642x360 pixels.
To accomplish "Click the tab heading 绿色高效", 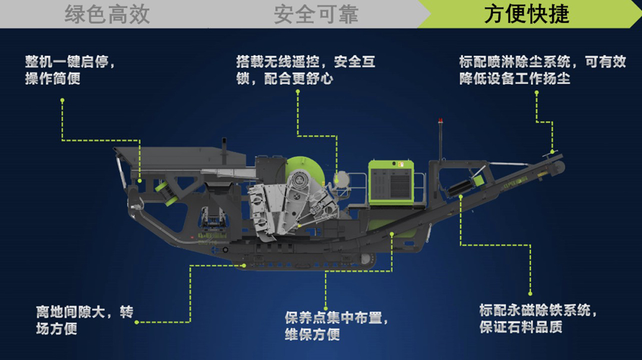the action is pyautogui.click(x=107, y=14).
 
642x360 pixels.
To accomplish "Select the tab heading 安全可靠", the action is pyautogui.click(x=316, y=14).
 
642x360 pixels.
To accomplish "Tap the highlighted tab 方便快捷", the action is pyautogui.click(x=527, y=14).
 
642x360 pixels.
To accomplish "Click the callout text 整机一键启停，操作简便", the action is pyautogui.click(x=70, y=70).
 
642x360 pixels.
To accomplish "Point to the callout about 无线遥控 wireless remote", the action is pyautogui.click(x=306, y=70).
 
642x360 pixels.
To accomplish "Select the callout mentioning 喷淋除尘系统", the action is pyautogui.click(x=543, y=70).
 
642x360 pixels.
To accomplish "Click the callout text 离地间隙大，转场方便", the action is pyautogui.click(x=85, y=320).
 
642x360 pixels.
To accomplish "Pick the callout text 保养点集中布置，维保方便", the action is pyautogui.click(x=336, y=326).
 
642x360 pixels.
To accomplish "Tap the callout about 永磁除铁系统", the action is pyautogui.click(x=538, y=318).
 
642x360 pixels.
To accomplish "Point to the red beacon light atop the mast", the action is pyautogui.click(x=440, y=121).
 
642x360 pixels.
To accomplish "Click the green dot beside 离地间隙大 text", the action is pyautogui.click(x=137, y=323).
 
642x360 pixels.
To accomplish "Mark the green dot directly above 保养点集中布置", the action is pyautogui.click(x=326, y=308).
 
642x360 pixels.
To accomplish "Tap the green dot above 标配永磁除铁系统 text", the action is pyautogui.click(x=530, y=293).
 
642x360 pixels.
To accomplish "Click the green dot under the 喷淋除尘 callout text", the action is pyautogui.click(x=536, y=93).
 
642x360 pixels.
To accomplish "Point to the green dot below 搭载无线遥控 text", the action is pyautogui.click(x=298, y=92).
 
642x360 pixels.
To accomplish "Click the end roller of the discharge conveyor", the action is pyautogui.click(x=558, y=166).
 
